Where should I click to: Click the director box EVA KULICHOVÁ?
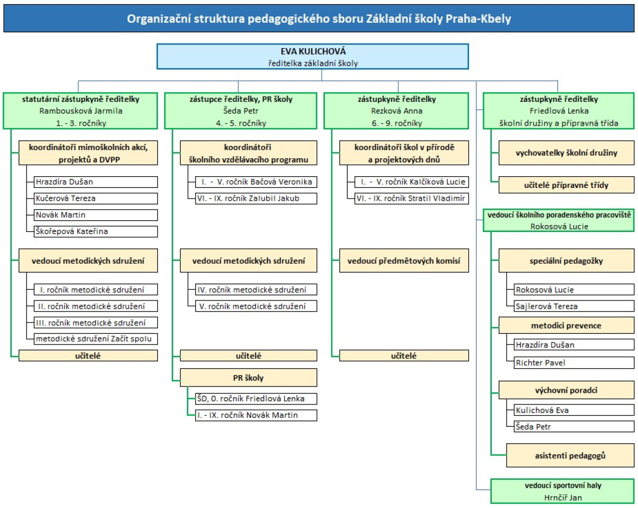pos(313,57)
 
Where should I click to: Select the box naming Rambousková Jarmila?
pos(80,111)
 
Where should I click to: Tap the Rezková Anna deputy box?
pos(396,111)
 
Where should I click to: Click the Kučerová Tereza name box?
pos(96,199)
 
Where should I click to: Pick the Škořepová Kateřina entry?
pos(96,231)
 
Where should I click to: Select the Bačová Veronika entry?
pos(256,182)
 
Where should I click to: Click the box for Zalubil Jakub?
pos(256,199)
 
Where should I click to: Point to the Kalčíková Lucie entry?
pos(412,182)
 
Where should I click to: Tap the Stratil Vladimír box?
pos(412,199)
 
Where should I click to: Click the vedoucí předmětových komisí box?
pos(404,261)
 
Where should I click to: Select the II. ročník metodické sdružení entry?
pos(96,306)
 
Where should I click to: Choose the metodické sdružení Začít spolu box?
pos(96,339)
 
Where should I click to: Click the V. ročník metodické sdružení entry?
pos(256,306)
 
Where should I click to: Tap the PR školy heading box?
pos(248,378)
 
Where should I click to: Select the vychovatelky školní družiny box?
pos(566,153)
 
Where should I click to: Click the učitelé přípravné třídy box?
pos(566,185)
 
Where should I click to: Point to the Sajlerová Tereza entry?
pos(574,306)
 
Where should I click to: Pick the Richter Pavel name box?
pos(574,363)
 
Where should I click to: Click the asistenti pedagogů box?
pos(570,455)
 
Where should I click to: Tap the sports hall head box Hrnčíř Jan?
pos(563,491)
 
